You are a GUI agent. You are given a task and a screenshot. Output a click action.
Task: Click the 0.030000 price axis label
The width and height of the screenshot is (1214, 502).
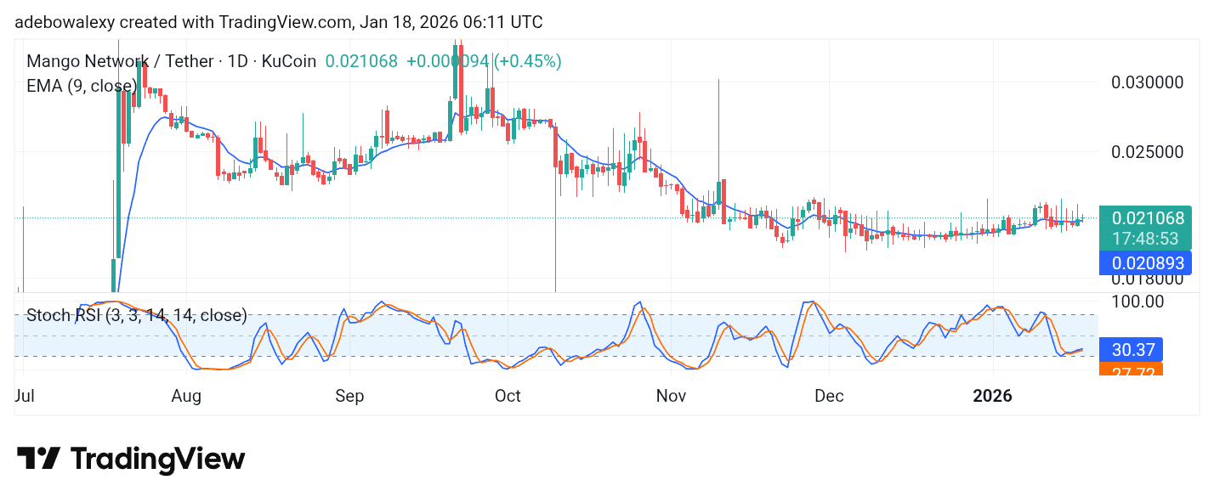pos(1148,82)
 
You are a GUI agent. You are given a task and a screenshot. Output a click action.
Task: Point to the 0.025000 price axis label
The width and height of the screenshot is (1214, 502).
pos(1148,152)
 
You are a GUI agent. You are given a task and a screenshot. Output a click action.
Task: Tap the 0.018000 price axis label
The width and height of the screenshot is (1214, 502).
pos(1148,279)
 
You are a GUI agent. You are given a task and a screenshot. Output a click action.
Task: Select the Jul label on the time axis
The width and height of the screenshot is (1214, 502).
pos(25,396)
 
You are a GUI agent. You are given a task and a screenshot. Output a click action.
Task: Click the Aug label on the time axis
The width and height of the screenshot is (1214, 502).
pos(185,396)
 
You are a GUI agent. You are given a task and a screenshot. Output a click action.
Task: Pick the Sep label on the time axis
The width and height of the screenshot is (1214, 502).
pos(349,396)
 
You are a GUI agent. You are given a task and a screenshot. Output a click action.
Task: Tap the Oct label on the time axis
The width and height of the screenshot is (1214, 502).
pos(508,396)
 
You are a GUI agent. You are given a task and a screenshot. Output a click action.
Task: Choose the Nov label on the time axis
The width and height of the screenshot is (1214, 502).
pos(672,396)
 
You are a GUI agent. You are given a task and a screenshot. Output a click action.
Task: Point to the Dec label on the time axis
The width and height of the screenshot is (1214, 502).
pos(829,396)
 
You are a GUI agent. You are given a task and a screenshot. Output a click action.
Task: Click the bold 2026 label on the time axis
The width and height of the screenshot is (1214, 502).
pos(993,396)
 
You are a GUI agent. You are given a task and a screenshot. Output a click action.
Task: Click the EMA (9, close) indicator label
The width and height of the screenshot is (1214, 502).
pos(82,86)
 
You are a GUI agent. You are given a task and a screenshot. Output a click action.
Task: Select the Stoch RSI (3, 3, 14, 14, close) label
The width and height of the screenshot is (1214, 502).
pos(137,316)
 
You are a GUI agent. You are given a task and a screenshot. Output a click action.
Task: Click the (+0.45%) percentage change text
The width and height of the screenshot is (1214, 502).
pos(528,61)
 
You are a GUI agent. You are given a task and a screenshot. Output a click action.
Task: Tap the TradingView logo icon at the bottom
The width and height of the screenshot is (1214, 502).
pos(39,459)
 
